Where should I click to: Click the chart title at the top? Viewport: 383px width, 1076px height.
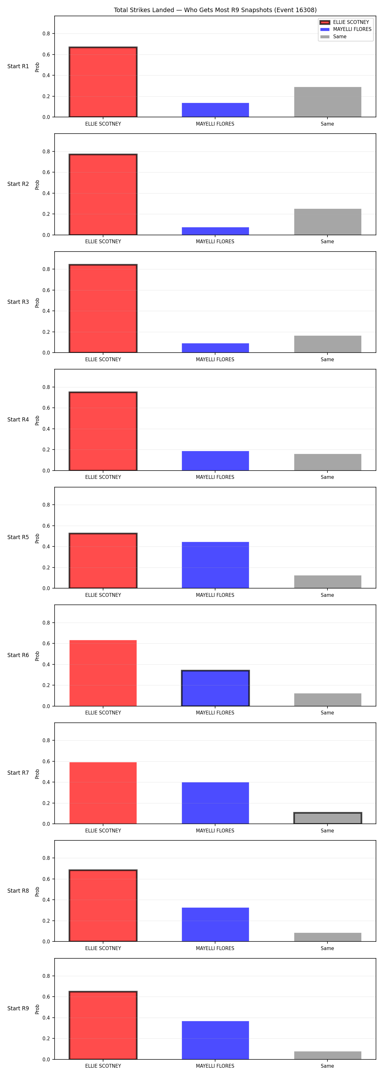pyautogui.click(x=215, y=10)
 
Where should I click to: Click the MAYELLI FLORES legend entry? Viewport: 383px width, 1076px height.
pyautogui.click(x=345, y=29)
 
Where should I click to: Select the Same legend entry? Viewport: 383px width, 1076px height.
pyautogui.click(x=333, y=37)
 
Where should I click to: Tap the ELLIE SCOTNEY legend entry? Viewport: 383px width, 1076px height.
pyautogui.click(x=344, y=22)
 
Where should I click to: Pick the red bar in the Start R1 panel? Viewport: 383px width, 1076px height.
pyautogui.click(x=103, y=82)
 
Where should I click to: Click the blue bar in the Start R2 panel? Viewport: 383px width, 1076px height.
pyautogui.click(x=215, y=231)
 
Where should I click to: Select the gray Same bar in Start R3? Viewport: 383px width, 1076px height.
pyautogui.click(x=327, y=344)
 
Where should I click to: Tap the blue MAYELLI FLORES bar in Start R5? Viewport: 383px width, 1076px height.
pyautogui.click(x=215, y=565)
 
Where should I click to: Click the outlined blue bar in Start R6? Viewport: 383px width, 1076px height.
pyautogui.click(x=215, y=688)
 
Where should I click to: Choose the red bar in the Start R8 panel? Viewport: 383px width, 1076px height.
pyautogui.click(x=103, y=905)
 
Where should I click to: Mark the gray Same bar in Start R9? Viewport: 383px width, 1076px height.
pyautogui.click(x=327, y=1056)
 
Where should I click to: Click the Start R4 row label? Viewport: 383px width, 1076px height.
pyautogui.click(x=18, y=419)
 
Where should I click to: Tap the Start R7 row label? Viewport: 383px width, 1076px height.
pyautogui.click(x=18, y=773)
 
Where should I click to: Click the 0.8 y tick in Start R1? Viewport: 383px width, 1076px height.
pyautogui.click(x=46, y=33)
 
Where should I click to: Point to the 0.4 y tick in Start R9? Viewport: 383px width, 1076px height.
pyautogui.click(x=46, y=1018)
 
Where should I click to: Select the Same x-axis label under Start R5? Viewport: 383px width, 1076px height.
pyautogui.click(x=327, y=595)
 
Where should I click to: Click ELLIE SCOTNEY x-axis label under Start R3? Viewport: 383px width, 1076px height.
pyautogui.click(x=103, y=359)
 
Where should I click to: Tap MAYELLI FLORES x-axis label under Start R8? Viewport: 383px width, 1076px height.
pyautogui.click(x=215, y=948)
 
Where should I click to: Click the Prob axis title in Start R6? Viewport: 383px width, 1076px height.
pyautogui.click(x=37, y=656)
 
